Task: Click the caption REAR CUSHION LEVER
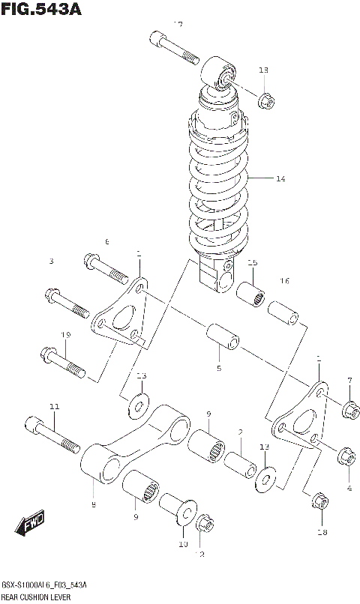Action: coord(36,597)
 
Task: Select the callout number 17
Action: coord(178,25)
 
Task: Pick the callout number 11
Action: coord(54,407)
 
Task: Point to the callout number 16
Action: coord(284,281)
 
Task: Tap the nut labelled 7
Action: coord(349,409)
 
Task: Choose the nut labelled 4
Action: coord(346,455)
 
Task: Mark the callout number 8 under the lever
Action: coord(94,506)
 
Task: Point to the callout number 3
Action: coord(52,262)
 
